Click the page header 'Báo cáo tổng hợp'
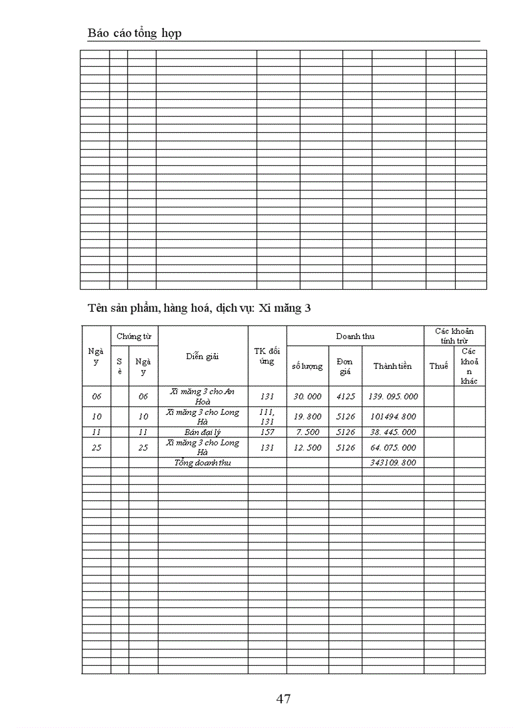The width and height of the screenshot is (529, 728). click(134, 33)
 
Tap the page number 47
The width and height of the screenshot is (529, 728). click(283, 698)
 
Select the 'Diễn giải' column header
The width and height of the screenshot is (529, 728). click(202, 356)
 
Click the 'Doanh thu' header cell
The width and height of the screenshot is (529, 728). click(355, 336)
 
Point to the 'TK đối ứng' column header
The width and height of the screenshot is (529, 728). click(267, 356)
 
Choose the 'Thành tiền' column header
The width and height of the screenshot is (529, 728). click(392, 366)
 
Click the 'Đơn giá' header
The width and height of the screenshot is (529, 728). click(345, 366)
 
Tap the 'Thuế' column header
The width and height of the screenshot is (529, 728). click(438, 366)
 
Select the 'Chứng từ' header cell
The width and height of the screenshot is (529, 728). click(134, 336)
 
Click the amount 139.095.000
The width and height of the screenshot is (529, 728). click(392, 396)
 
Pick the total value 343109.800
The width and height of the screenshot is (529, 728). click(392, 462)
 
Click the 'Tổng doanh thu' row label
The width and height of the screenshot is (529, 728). click(202, 462)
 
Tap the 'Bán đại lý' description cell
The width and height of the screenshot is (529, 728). click(202, 432)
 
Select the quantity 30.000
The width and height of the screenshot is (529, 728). click(307, 396)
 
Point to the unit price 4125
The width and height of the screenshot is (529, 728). click(345, 396)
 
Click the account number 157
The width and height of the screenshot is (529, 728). click(267, 432)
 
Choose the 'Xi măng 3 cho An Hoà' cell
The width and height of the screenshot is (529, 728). click(202, 396)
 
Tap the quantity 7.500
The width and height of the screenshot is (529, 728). click(307, 432)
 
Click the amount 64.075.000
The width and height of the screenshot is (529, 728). click(392, 447)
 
